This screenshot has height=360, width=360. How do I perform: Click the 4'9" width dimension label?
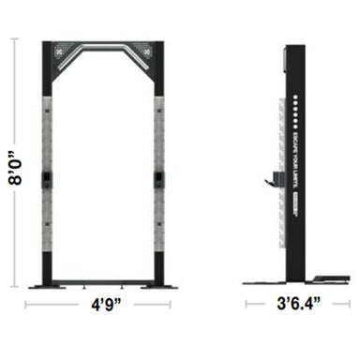(106, 305)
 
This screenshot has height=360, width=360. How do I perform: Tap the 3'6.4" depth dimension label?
(291, 305)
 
